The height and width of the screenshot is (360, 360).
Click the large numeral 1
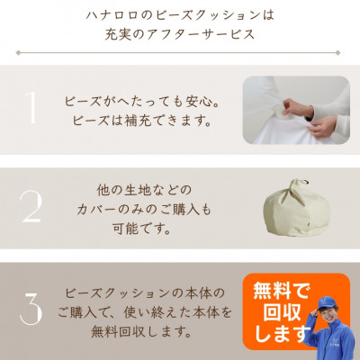point(31,108)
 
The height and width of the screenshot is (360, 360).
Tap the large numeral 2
point(31,207)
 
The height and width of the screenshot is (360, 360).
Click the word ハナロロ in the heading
point(112,15)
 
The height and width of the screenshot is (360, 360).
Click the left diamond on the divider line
point(18,53)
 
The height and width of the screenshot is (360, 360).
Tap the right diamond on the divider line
point(337,53)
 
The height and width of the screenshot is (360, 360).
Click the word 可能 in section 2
point(125,229)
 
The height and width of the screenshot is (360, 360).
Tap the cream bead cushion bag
point(297,209)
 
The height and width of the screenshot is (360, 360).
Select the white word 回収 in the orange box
point(282,312)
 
